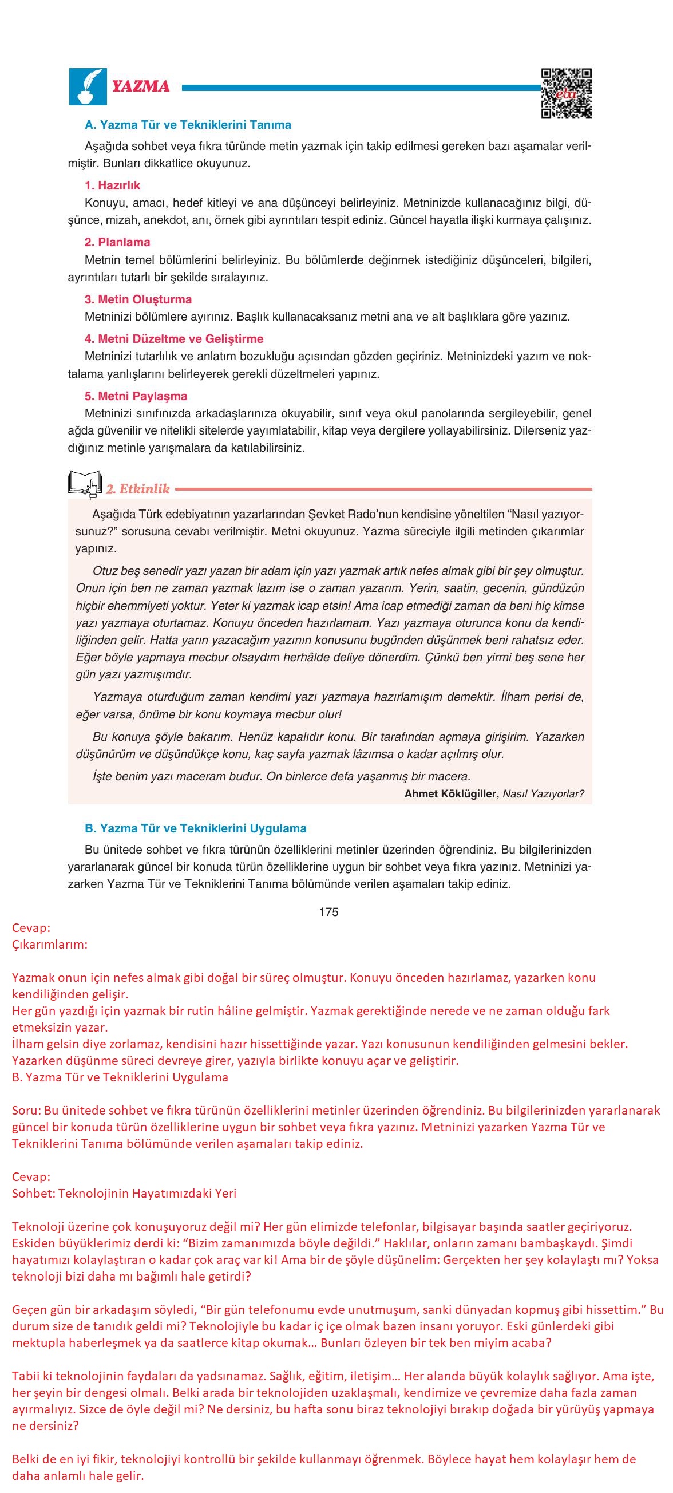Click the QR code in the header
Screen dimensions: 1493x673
pos(566,93)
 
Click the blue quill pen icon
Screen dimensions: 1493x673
pos(88,86)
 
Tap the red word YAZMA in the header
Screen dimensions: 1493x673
pos(141,86)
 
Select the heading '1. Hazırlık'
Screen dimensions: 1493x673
pos(112,185)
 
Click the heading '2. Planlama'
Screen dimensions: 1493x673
pos(117,242)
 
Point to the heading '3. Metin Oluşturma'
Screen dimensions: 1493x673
pos(138,299)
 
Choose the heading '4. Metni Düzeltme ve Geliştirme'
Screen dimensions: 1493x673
pos(174,338)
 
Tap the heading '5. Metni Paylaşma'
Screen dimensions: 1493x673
pos(136,396)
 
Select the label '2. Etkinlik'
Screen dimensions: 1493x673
pos(138,488)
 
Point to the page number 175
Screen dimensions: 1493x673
pos(328,912)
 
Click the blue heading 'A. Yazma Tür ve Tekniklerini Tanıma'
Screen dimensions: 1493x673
pos(188,125)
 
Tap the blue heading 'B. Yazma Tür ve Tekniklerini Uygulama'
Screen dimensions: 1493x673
pos(195,828)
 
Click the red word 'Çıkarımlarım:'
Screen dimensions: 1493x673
pos(50,944)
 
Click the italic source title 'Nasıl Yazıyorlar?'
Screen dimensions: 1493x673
pos(543,794)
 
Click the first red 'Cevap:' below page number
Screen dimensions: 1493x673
pos(31,928)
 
